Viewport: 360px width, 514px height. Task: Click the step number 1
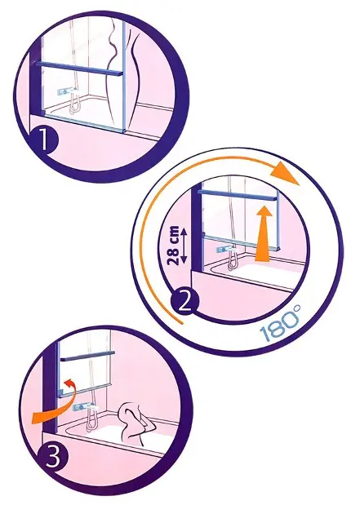(x=44, y=140)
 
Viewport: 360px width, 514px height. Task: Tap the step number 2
(x=184, y=301)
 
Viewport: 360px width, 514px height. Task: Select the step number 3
(x=53, y=455)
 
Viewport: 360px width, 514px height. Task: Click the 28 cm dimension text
(x=173, y=245)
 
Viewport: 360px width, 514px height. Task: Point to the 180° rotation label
(x=280, y=324)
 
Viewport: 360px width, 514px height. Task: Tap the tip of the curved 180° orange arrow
(x=300, y=185)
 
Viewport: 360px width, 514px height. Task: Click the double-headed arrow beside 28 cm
(x=184, y=245)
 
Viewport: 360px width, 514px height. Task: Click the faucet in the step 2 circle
(x=226, y=250)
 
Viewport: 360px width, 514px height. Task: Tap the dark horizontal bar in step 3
(x=87, y=356)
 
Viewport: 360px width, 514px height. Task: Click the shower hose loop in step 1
(x=74, y=105)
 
